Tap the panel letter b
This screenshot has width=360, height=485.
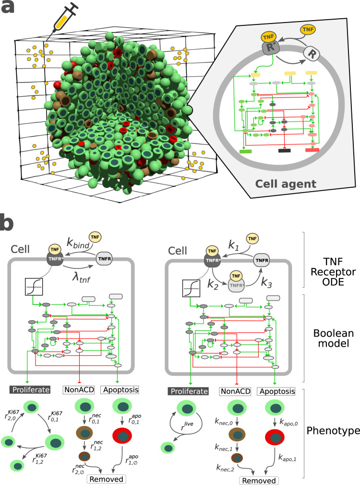click(x=11, y=224)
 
